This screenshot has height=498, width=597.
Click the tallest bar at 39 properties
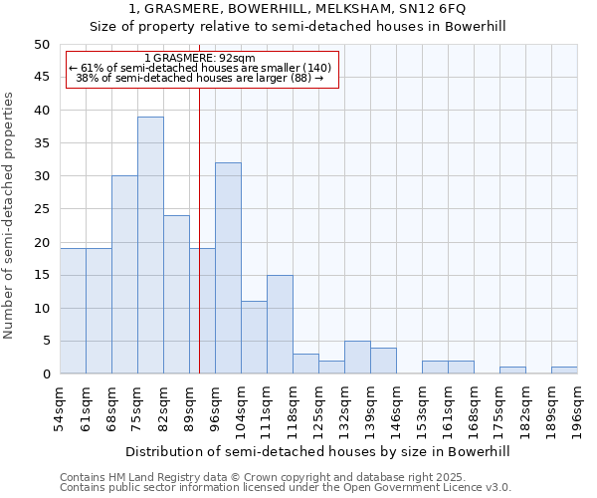150,245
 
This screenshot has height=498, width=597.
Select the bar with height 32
228,268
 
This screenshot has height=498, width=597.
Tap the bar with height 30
124,275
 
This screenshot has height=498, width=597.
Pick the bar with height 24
176,295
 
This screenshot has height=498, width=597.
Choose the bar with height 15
280,325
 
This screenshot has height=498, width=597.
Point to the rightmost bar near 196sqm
564,371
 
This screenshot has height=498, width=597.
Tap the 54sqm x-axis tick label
60,407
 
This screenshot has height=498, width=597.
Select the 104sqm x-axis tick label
241,409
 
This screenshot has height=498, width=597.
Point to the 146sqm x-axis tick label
396,409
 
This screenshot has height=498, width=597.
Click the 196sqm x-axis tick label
577,409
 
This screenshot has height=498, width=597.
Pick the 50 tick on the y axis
42,45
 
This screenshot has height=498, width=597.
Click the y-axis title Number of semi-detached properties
10,215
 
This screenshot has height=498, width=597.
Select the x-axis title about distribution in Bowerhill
318,451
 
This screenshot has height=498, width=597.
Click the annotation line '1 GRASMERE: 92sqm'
200,58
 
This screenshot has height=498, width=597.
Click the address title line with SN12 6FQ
298,9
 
